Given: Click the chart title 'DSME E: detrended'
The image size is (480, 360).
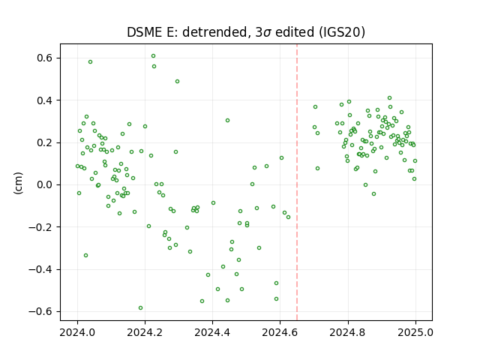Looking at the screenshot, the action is click(x=187, y=32).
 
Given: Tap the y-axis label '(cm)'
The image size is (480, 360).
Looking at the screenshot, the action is click(x=18, y=183).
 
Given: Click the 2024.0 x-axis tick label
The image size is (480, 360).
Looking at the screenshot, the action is click(x=77, y=332).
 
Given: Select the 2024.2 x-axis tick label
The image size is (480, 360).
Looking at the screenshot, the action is click(x=145, y=332).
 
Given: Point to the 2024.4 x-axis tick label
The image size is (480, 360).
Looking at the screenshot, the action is click(x=212, y=332).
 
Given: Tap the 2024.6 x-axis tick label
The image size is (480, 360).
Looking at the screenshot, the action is click(x=280, y=332).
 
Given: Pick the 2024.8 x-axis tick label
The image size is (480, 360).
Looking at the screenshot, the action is click(x=348, y=332).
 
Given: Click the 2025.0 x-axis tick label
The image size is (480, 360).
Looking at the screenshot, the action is click(x=415, y=332).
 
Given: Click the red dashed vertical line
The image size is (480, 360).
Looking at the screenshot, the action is click(x=297, y=182).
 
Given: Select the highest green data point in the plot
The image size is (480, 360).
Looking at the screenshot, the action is click(x=153, y=56).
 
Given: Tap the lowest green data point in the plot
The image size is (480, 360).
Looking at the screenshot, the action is click(x=140, y=308).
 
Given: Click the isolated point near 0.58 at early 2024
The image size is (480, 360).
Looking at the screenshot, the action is click(x=90, y=61).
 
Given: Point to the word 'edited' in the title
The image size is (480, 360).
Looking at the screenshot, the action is click(x=295, y=32).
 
